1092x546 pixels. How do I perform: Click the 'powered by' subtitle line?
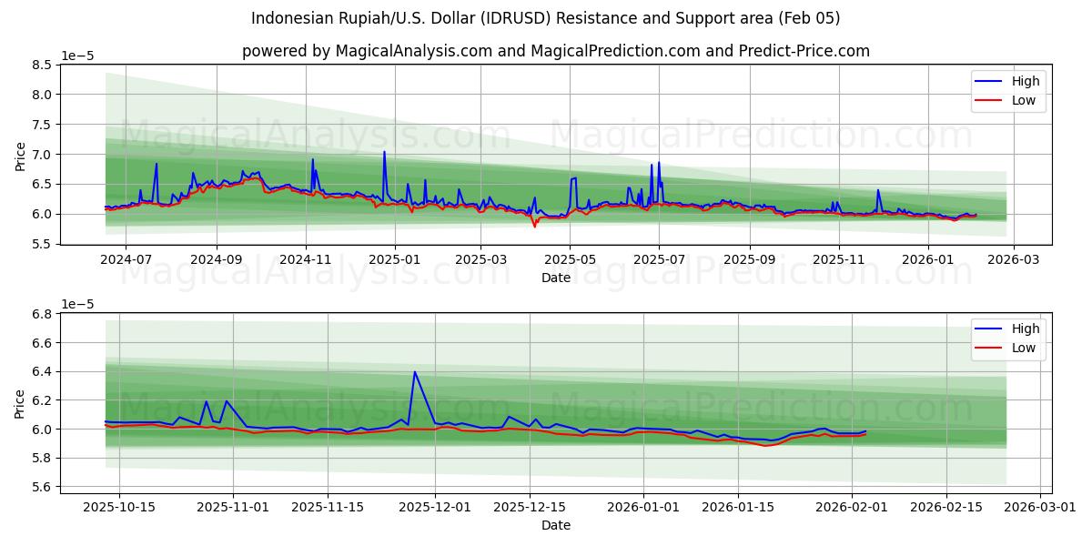click(555, 51)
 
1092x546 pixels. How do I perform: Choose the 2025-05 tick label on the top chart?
click(570, 258)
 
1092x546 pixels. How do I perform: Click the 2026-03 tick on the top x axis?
click(1014, 258)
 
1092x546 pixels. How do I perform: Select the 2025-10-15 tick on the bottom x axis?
click(119, 508)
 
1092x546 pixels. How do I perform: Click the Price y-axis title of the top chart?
click(20, 155)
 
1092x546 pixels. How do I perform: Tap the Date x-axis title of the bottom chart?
click(555, 525)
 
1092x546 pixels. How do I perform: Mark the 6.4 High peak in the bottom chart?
click(415, 371)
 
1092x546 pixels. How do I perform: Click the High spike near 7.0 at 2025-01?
click(384, 152)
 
